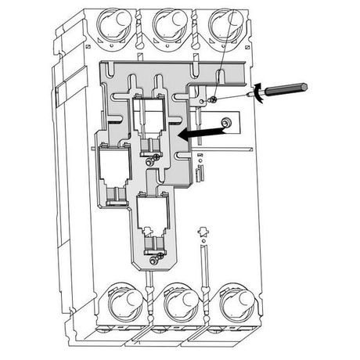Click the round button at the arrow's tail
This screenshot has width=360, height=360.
coord(227,124)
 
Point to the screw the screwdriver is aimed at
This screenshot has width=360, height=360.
coord(213,99)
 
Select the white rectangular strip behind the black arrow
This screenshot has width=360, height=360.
coord(235,125)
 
